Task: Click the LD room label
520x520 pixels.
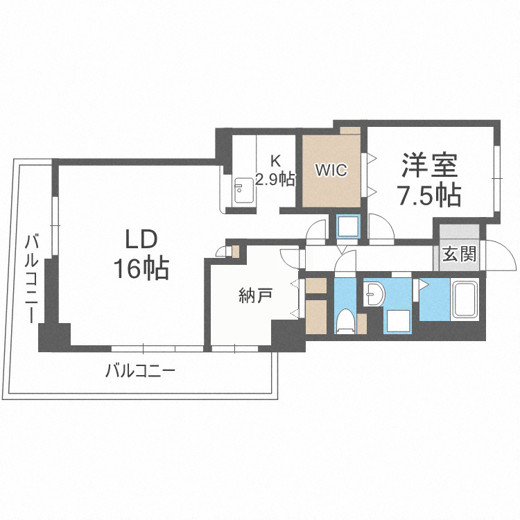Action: (x=141, y=239)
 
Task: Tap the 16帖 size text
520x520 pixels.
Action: (x=141, y=268)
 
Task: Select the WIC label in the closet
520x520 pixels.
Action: (x=331, y=170)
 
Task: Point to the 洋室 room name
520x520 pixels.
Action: (x=429, y=165)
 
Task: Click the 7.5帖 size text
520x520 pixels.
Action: (x=429, y=195)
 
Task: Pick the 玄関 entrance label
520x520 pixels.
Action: (x=459, y=254)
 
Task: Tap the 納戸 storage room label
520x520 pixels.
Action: (x=255, y=295)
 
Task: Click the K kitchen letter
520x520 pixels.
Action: (x=275, y=161)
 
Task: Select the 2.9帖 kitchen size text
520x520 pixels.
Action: (x=275, y=179)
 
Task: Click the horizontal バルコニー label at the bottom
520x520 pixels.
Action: (x=140, y=370)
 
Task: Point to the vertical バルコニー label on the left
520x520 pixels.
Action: (x=32, y=279)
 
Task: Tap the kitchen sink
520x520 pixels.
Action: (x=244, y=191)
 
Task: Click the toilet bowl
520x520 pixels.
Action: (x=345, y=321)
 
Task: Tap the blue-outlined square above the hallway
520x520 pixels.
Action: (x=347, y=226)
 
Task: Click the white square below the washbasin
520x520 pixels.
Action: (x=398, y=321)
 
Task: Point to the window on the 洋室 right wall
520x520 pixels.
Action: (x=496, y=179)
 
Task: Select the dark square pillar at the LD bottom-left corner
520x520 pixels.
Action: (x=54, y=337)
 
